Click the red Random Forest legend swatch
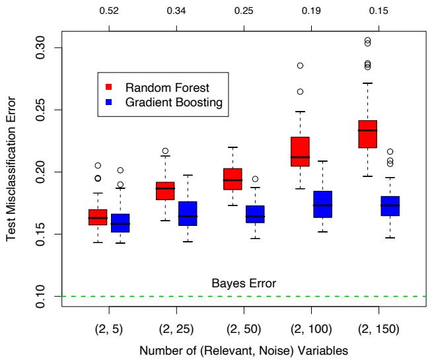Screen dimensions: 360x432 pyautogui.click(x=112, y=87)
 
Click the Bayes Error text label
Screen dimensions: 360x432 pyautogui.click(x=243, y=284)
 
